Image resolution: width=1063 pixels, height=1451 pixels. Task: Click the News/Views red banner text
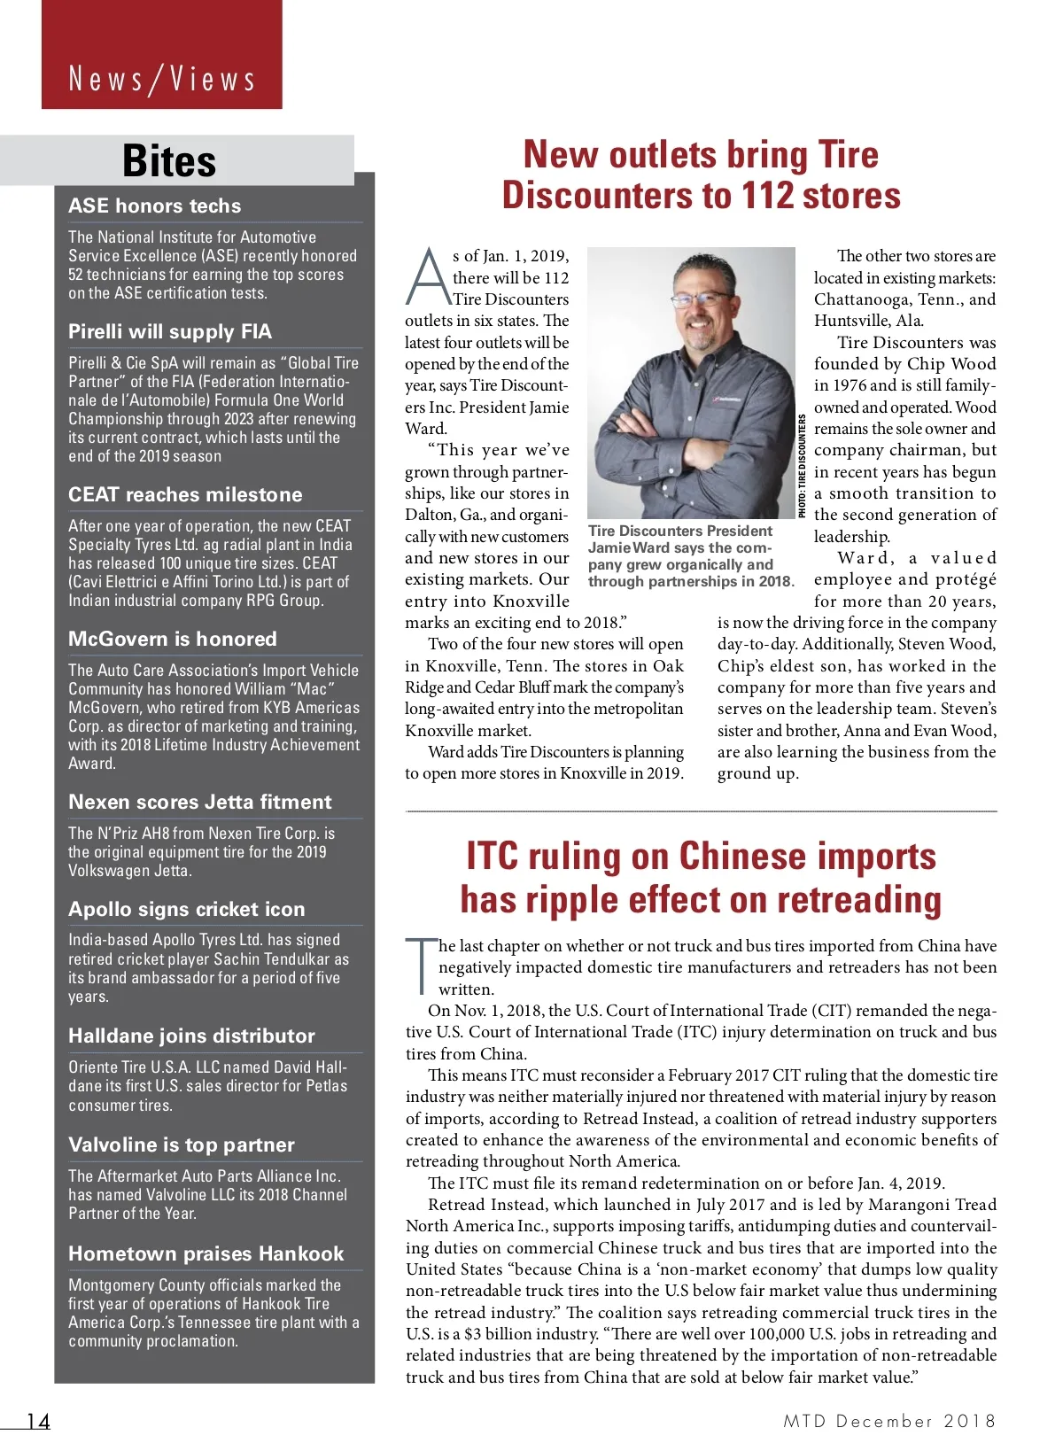pos(162,79)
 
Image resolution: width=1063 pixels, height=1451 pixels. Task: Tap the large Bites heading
pos(169,161)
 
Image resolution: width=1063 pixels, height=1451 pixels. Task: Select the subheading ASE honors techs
pos(154,206)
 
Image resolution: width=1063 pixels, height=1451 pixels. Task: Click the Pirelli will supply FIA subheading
pos(170,331)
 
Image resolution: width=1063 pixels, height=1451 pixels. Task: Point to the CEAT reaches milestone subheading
pos(185,494)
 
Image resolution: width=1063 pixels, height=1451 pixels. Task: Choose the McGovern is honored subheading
pos(173,639)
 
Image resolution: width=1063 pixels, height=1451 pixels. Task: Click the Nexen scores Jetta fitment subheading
pos(200,802)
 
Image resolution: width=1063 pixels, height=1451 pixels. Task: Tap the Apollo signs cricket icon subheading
pos(187,909)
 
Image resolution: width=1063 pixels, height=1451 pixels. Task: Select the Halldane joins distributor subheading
pos(191,1036)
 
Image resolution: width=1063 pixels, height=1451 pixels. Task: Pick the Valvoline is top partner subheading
pos(182,1145)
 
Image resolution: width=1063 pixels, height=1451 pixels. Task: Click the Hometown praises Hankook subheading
pos(206,1253)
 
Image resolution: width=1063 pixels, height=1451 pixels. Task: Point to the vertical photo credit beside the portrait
pos(803,466)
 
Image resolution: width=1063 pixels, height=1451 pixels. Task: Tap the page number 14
pos(38,1421)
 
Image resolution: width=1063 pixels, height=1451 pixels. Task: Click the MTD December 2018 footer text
pos(889,1421)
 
